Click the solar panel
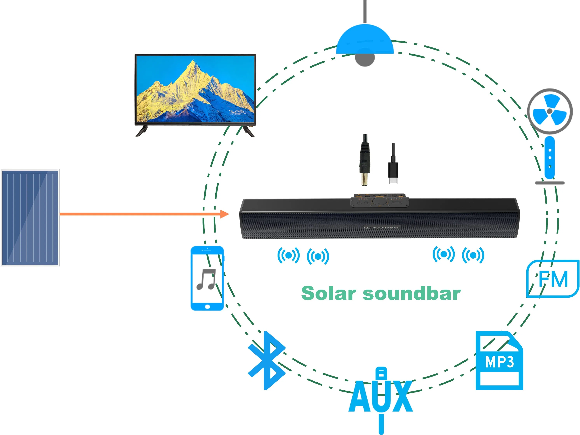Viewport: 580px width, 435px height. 30,218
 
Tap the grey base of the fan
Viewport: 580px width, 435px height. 550,183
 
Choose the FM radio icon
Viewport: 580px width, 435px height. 553,279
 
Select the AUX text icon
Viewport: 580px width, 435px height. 381,397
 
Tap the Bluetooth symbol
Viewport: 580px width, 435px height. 267,361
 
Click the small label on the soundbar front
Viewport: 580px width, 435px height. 382,227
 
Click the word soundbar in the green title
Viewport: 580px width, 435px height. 412,293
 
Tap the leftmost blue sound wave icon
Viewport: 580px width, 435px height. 288,255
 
